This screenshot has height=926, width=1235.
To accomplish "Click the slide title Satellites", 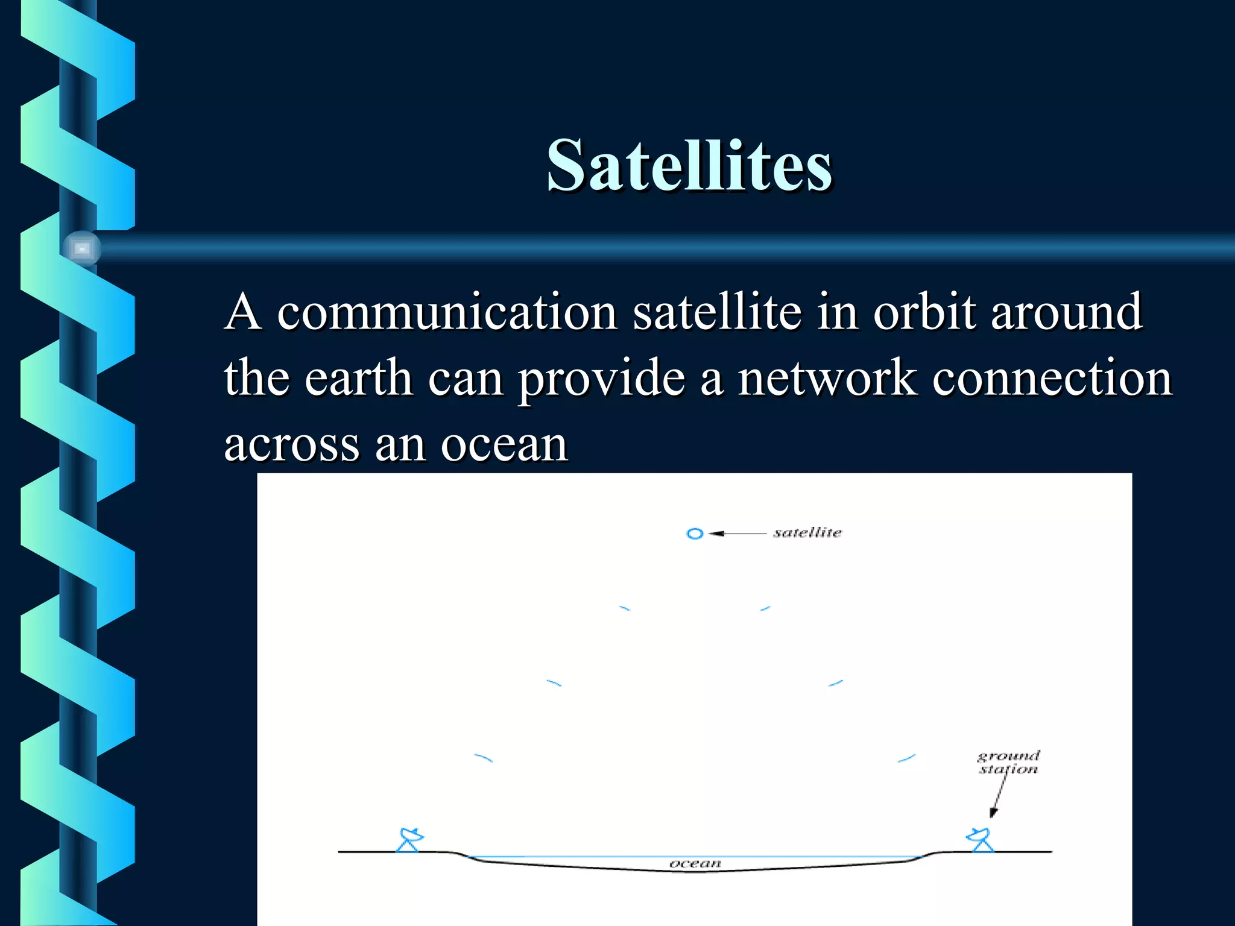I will pyautogui.click(x=689, y=165).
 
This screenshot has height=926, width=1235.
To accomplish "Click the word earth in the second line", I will pyautogui.click(x=358, y=379).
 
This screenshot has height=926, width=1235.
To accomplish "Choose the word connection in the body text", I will pyautogui.click(x=1052, y=379).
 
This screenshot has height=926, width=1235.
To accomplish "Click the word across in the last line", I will pyautogui.click(x=291, y=445).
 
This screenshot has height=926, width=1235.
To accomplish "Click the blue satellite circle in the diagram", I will pyautogui.click(x=695, y=534).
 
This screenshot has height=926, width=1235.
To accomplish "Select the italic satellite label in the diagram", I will pyautogui.click(x=807, y=532).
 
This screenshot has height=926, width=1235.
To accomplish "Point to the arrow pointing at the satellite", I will pyautogui.click(x=737, y=534).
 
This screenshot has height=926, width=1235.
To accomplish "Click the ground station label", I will pyautogui.click(x=1008, y=763).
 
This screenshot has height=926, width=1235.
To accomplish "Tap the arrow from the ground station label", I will pyautogui.click(x=998, y=796).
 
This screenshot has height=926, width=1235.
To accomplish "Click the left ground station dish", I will pyautogui.click(x=410, y=839).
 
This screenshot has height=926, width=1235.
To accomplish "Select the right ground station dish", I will pyautogui.click(x=981, y=839).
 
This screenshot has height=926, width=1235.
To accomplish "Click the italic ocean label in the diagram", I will pyautogui.click(x=695, y=863).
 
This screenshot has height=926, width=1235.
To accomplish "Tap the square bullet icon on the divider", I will pyautogui.click(x=82, y=248).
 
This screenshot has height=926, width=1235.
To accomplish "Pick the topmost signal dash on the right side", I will pyautogui.click(x=765, y=609).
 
